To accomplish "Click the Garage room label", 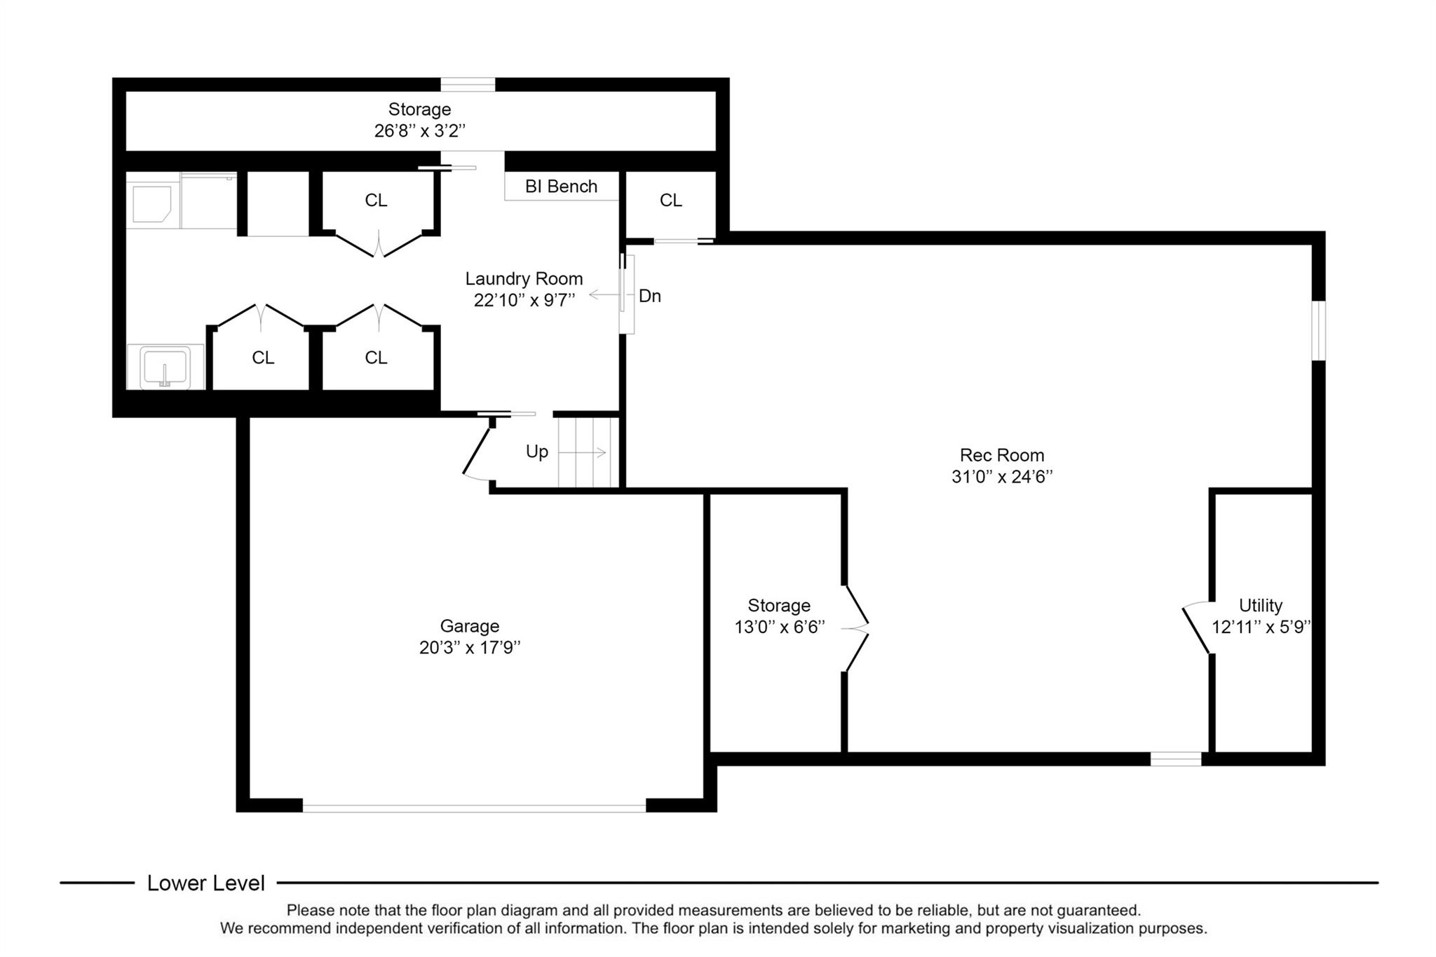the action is tap(470, 626).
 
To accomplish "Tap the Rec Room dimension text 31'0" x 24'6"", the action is tap(1002, 477).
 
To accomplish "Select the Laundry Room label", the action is tap(524, 279).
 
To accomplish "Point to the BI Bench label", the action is tap(561, 186).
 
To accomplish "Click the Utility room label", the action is tap(1261, 605).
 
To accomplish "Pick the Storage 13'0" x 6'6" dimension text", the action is tap(779, 627).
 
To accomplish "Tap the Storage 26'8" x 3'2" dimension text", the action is tap(420, 131).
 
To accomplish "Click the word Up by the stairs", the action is tap(537, 452).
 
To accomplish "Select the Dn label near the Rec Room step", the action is tap(650, 296).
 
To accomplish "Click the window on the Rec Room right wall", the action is tap(1319, 330).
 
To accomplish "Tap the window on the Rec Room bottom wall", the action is tap(1176, 759).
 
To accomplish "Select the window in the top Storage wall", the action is tap(468, 84).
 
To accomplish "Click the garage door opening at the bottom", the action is tap(474, 807).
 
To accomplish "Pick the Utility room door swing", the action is tap(1196, 628).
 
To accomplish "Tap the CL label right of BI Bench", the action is tap(671, 201).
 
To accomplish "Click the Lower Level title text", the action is tap(206, 883).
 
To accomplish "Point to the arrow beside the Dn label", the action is tap(604, 295).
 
